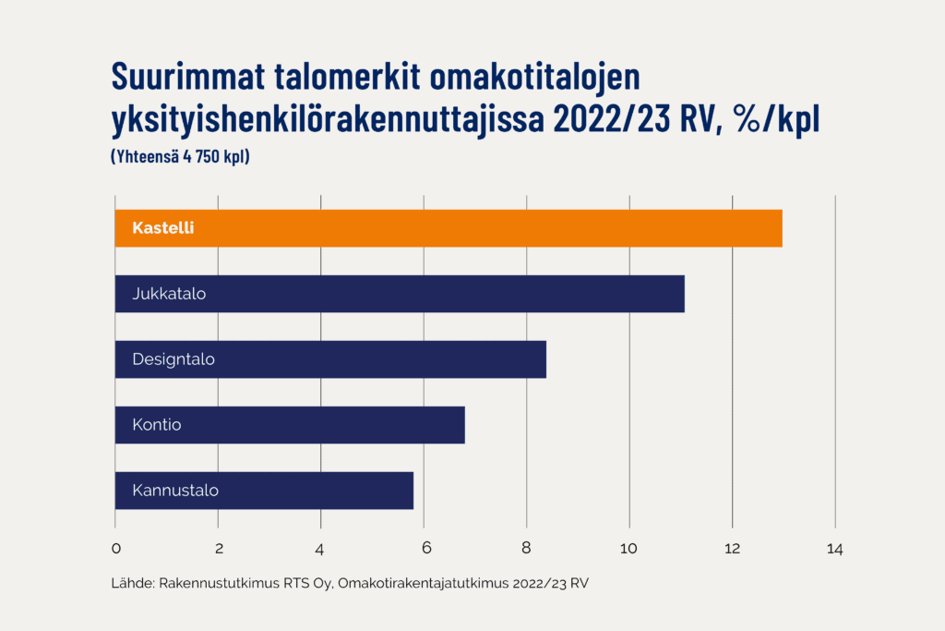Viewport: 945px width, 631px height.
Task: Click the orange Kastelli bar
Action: click(x=449, y=228)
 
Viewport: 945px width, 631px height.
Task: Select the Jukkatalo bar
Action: click(x=400, y=294)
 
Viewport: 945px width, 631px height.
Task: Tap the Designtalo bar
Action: click(x=330, y=359)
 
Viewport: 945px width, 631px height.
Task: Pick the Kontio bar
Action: click(x=290, y=425)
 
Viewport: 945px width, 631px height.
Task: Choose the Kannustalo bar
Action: click(x=264, y=491)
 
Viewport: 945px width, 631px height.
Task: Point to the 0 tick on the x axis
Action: click(x=116, y=549)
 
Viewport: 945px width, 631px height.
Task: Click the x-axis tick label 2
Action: click(x=219, y=549)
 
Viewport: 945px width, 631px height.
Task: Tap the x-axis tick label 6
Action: click(x=426, y=548)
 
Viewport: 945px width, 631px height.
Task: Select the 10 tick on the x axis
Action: click(x=628, y=549)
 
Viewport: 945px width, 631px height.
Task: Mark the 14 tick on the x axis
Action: click(x=834, y=549)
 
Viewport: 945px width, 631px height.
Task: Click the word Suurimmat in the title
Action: click(x=188, y=77)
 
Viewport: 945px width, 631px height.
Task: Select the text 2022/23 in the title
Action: click(x=611, y=118)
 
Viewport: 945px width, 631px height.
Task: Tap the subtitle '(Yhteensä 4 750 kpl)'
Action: click(x=180, y=156)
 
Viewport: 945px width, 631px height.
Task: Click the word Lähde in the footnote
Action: click(x=133, y=583)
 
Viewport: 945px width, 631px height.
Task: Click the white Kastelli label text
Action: click(x=163, y=228)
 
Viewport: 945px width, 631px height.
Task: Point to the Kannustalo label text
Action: click(x=175, y=491)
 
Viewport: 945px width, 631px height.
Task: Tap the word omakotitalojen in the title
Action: click(x=535, y=78)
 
